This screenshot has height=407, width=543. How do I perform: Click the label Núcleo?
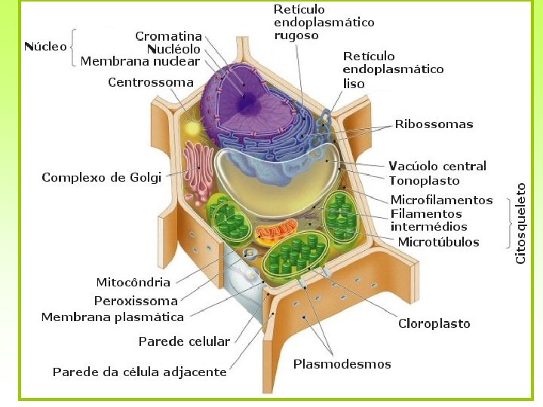click(x=45, y=47)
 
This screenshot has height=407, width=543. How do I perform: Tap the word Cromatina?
click(x=168, y=36)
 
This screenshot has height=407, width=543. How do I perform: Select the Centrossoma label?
click(x=151, y=82)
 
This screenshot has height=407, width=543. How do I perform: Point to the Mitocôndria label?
click(x=133, y=283)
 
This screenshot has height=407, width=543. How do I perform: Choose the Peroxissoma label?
click(x=136, y=301)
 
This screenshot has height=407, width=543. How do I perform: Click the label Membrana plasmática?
click(x=112, y=317)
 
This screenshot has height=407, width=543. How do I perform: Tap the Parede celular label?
click(x=184, y=341)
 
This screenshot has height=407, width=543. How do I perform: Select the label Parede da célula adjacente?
click(x=140, y=372)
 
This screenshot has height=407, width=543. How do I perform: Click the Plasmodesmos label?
click(x=342, y=364)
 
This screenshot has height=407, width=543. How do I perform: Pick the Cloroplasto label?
click(x=434, y=323)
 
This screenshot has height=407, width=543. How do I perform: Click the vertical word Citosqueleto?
click(x=520, y=223)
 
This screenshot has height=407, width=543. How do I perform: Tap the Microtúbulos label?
click(x=438, y=242)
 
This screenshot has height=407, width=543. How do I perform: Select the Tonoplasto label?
click(x=424, y=181)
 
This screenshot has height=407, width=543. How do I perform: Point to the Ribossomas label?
click(x=434, y=124)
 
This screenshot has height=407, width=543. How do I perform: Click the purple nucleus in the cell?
click(x=253, y=102)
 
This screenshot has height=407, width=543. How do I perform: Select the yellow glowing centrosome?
click(x=193, y=128)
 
